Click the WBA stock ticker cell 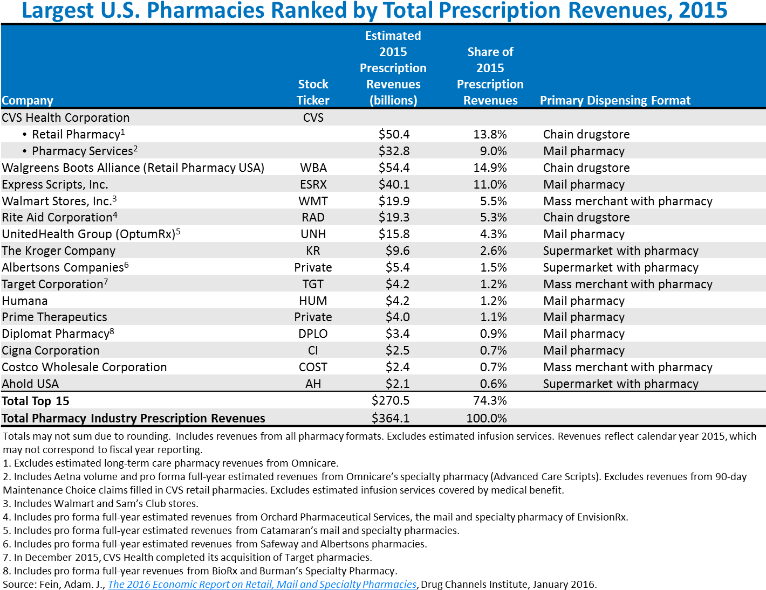click(313, 168)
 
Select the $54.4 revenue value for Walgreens click(394, 168)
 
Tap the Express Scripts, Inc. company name click(55, 184)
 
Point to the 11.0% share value click(490, 184)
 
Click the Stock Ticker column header click(313, 92)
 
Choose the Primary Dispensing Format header click(615, 100)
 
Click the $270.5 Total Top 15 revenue click(391, 400)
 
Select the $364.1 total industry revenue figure click(391, 418)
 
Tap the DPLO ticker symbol click(313, 334)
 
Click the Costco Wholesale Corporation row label click(84, 367)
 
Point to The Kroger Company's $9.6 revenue click(398, 251)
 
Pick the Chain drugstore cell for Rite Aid click(586, 217)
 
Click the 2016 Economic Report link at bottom click(262, 584)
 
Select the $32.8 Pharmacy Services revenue click(394, 151)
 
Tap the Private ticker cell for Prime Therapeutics click(313, 317)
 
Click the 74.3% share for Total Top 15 click(490, 400)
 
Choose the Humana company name click(25, 301)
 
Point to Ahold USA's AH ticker click(313, 384)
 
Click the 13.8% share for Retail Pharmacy click(490, 134)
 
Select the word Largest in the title click(57, 11)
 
